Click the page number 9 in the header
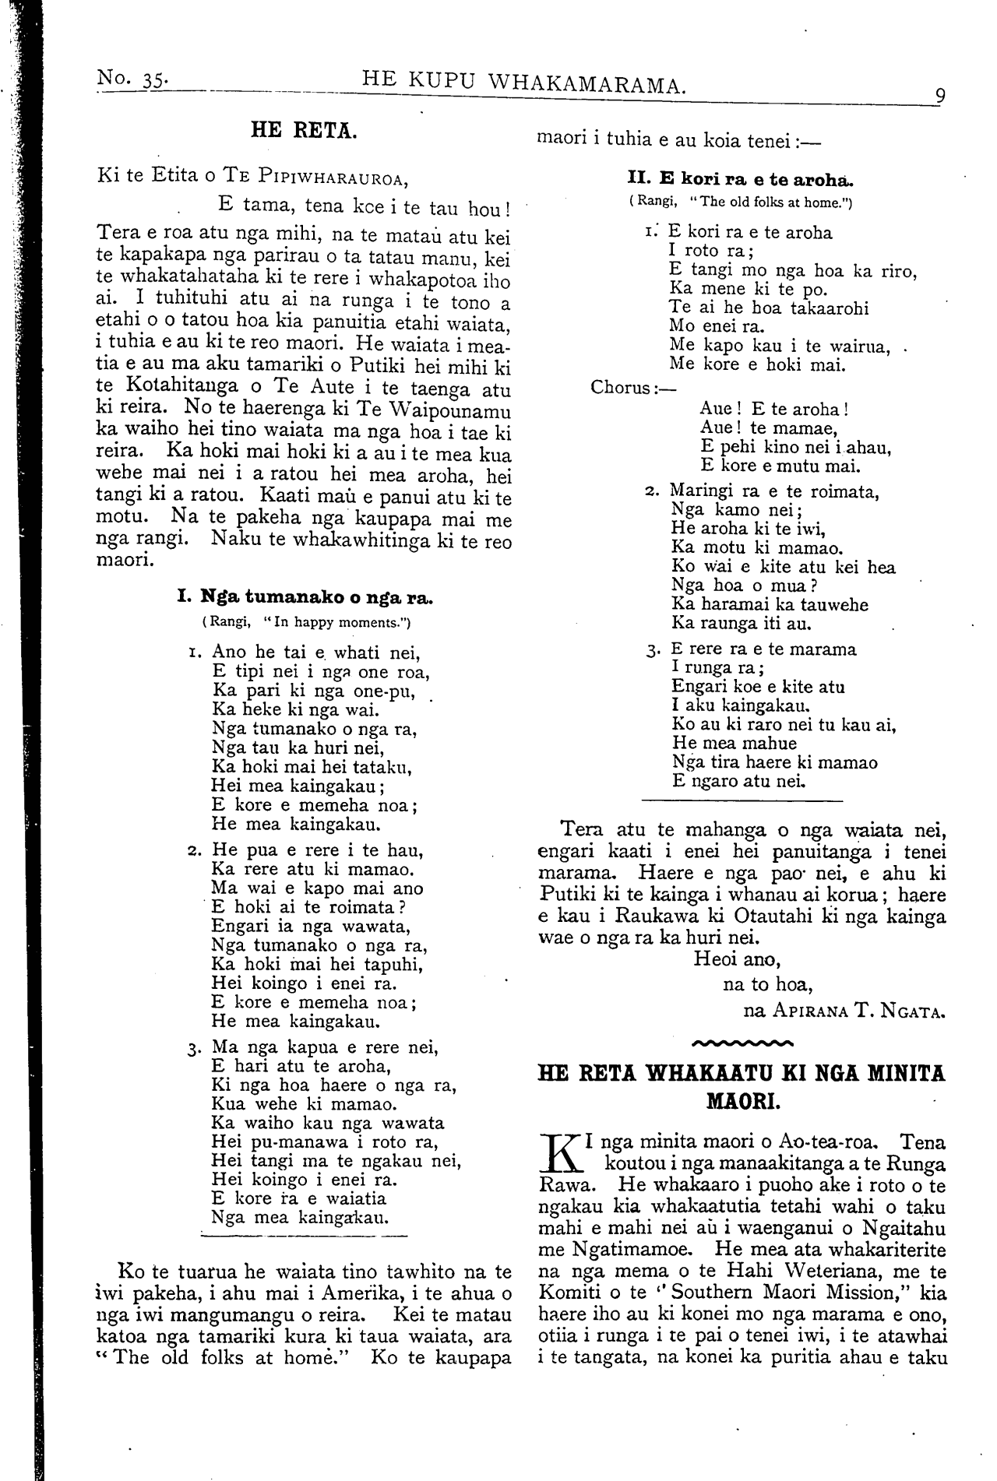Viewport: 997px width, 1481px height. tap(941, 97)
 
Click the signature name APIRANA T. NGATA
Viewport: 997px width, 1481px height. tap(860, 1011)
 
